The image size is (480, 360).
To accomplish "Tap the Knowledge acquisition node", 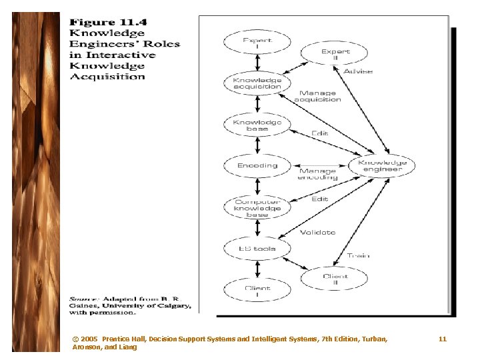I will point(257,84).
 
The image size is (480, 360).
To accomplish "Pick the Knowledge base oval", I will point(257,125).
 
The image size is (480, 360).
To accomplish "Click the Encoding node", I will point(257,166).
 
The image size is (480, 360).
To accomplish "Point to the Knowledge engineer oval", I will point(382,166).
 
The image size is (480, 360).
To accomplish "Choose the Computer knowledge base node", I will point(257,208).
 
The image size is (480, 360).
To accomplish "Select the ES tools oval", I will point(257,249).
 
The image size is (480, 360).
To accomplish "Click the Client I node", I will point(257,291).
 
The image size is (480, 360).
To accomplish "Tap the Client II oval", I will point(335,279).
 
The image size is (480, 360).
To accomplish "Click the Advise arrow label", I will point(359,71).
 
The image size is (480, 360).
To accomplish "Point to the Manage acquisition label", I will point(319,97).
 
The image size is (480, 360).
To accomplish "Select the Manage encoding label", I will point(317,175).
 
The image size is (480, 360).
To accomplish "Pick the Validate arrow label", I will point(317,233).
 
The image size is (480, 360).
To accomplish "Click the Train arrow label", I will point(359,256).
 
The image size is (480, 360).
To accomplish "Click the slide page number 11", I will point(443,339).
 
